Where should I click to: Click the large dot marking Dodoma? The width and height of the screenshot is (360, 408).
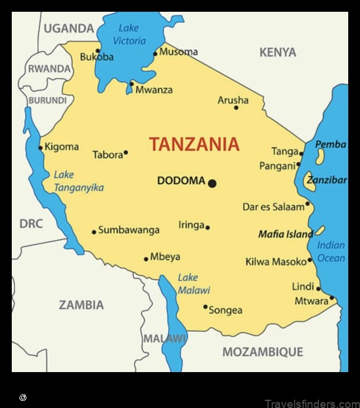(x=212, y=183)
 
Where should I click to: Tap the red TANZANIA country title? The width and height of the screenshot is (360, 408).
(x=194, y=144)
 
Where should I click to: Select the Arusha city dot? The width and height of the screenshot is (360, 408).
(x=236, y=107)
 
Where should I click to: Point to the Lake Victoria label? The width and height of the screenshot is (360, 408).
(x=129, y=34)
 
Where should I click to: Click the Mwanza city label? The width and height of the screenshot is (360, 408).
(x=154, y=90)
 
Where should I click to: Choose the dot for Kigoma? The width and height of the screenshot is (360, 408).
(x=41, y=147)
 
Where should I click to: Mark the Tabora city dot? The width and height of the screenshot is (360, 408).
(x=125, y=152)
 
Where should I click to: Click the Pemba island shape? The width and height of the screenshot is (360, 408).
(x=320, y=157)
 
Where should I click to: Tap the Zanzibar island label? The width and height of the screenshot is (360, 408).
(x=326, y=180)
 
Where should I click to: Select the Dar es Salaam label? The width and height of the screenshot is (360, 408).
(x=273, y=207)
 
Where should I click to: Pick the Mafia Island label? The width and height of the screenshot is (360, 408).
(x=286, y=234)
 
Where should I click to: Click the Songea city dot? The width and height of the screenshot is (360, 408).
(x=205, y=307)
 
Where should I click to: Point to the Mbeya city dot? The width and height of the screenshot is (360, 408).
(x=146, y=258)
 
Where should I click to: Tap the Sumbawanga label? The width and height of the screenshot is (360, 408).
(x=128, y=230)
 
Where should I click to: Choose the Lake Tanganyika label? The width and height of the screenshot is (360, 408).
(x=78, y=181)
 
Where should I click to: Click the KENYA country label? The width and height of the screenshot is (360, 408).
(x=278, y=52)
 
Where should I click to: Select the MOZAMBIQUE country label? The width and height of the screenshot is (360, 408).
(x=262, y=352)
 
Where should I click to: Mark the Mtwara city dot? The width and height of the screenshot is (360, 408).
(x=332, y=298)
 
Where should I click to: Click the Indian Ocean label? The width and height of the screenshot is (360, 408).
(x=331, y=251)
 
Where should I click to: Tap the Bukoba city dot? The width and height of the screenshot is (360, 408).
(x=98, y=51)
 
